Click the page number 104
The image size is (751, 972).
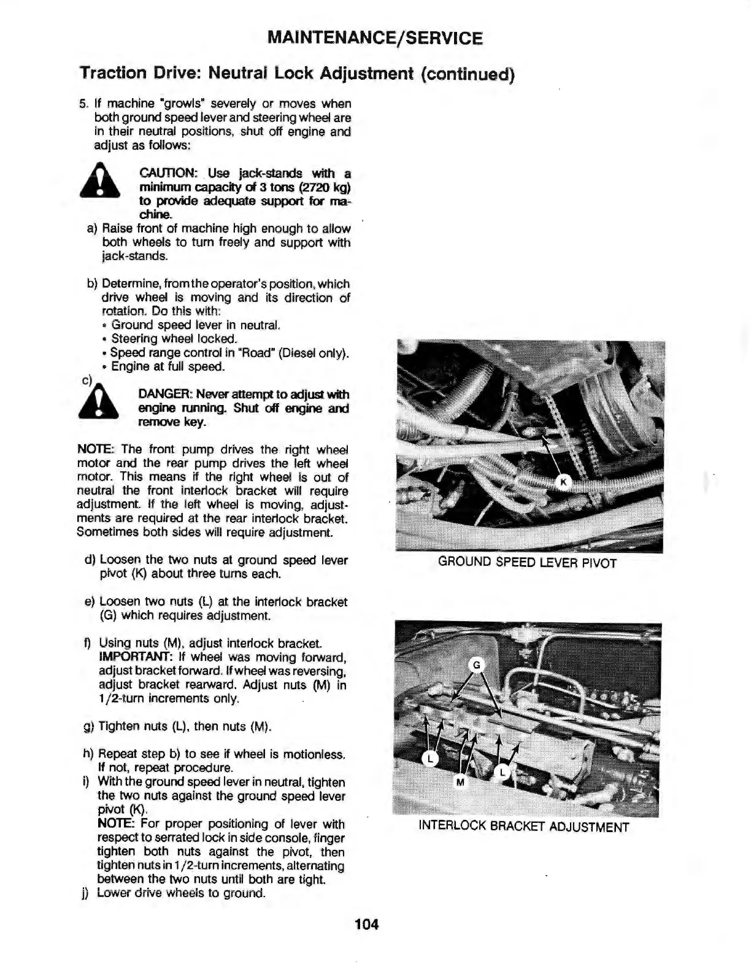(367, 924)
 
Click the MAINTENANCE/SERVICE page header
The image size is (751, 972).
(375, 38)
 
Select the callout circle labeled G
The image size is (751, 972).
(476, 665)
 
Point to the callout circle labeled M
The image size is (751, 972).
(461, 782)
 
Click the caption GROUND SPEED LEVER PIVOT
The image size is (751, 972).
(527, 563)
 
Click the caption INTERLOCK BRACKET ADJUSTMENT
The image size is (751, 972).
(523, 826)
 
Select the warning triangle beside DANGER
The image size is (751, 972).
(99, 404)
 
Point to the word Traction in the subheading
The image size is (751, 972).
(113, 73)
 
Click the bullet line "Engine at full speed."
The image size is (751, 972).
(168, 366)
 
